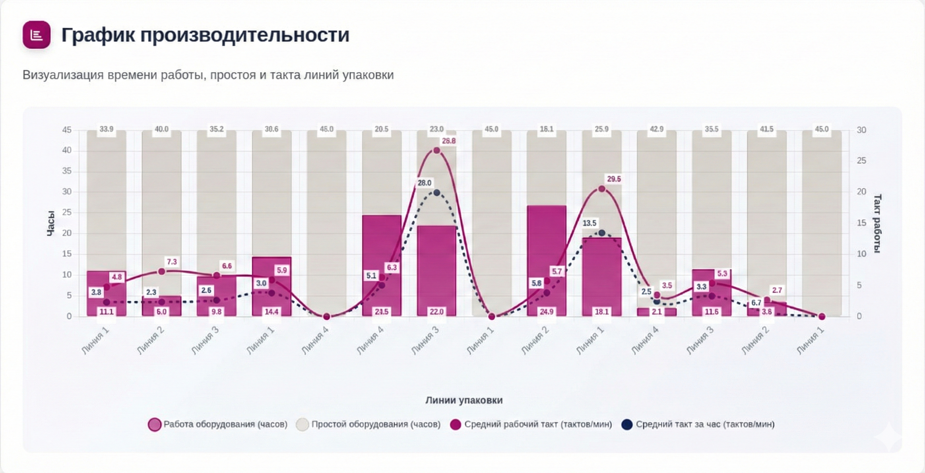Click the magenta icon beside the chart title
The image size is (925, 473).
tap(36, 35)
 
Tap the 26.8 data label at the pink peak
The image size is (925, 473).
tap(448, 141)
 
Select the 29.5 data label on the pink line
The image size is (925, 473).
tap(614, 179)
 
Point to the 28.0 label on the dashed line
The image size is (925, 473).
tap(424, 183)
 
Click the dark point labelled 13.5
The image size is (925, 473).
tap(602, 233)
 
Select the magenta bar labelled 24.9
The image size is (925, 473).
tap(547, 259)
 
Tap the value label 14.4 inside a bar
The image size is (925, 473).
tap(271, 312)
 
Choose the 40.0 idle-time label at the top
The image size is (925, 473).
tap(161, 129)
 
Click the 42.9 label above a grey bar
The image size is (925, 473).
tap(656, 129)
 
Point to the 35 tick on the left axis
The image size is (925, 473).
tap(67, 171)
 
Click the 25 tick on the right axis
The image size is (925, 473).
tap(861, 161)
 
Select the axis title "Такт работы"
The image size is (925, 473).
tap(877, 223)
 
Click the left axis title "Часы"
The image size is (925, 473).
tap(51, 223)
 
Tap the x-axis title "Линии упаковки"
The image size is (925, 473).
tap(464, 400)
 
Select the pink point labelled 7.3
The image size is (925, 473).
tap(162, 272)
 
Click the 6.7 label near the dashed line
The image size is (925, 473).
tap(756, 303)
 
